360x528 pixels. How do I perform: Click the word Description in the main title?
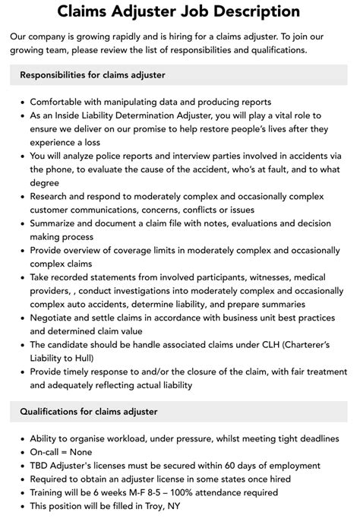point(247,12)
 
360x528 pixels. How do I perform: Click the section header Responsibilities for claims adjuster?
point(93,74)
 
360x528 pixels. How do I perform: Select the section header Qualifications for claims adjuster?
point(86,412)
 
